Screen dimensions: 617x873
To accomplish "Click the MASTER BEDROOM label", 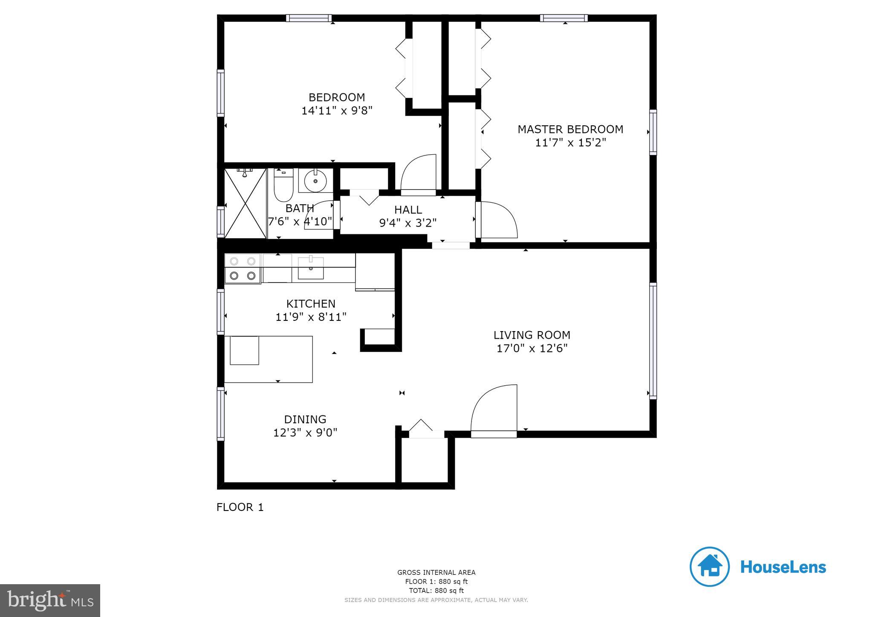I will click(570, 129).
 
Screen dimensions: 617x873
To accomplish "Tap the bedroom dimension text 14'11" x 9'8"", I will click(337, 111).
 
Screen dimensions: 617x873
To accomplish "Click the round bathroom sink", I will click(315, 181).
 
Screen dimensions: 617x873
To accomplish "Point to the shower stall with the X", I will click(245, 203).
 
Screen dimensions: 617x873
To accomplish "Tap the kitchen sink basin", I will click(310, 269).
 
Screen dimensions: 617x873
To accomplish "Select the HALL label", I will click(408, 210).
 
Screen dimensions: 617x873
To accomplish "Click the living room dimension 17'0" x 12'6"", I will click(532, 349).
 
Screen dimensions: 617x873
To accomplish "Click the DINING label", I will click(305, 419).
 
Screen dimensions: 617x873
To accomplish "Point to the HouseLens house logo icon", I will click(709, 567).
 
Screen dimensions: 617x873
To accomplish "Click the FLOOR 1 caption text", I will click(240, 507).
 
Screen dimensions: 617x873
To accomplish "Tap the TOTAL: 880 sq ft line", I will click(436, 591).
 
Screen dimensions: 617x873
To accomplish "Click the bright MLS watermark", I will click(50, 600).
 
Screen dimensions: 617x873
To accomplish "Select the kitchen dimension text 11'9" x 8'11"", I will click(311, 317).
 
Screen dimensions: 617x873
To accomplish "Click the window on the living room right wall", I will click(653, 340).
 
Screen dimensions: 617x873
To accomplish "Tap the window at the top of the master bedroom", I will click(564, 18).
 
